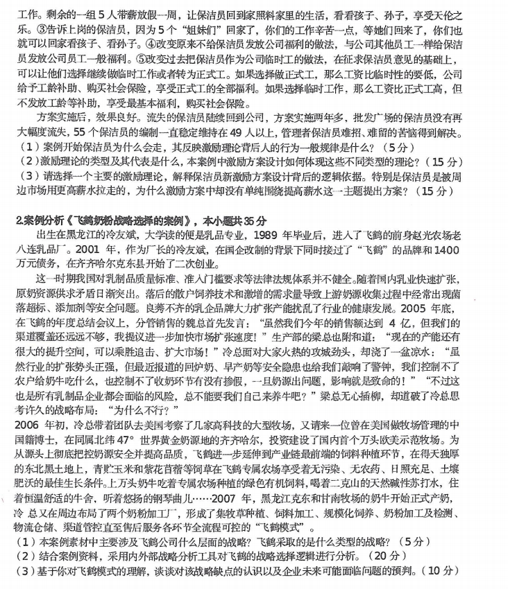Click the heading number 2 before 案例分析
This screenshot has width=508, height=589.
pos(19,221)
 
